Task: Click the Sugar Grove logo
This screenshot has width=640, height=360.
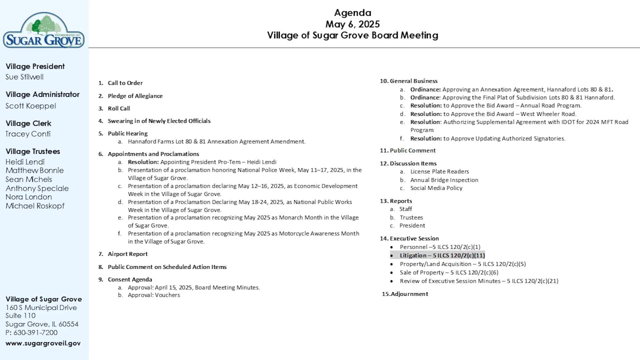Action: coord(44,31)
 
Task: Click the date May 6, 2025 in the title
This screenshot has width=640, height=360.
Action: coord(352,24)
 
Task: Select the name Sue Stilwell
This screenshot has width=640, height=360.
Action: coord(24,77)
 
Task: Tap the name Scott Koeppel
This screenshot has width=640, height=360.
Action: coord(31,106)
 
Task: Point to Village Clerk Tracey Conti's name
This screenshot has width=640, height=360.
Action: coord(28,134)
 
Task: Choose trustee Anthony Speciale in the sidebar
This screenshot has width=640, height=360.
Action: coord(37,188)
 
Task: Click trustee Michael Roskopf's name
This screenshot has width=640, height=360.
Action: coord(35,206)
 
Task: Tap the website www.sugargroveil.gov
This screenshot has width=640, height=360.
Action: coord(43,343)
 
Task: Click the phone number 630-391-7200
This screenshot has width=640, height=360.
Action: coord(35,333)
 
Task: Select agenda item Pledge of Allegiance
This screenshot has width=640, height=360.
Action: coord(135,96)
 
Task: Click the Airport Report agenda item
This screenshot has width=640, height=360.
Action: coord(128,254)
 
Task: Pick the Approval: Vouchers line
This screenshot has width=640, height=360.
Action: coord(154,295)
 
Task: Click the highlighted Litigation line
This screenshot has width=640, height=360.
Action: coord(442,256)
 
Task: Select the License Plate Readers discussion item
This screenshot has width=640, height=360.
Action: coord(439,172)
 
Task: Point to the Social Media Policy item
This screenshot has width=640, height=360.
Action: coord(436,188)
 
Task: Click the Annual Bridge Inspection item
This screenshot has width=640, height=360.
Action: coord(444,180)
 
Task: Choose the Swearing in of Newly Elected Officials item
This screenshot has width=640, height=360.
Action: coord(159,121)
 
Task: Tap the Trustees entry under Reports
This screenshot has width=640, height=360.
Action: coord(411,217)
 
